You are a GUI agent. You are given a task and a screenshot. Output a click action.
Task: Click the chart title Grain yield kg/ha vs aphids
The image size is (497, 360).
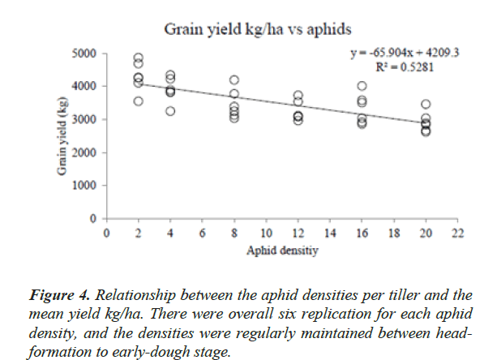258,30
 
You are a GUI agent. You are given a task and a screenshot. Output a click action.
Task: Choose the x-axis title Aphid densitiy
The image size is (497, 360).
281,251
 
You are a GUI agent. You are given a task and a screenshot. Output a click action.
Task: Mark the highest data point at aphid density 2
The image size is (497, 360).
139,58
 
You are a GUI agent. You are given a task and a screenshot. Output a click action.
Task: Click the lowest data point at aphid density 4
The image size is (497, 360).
170,111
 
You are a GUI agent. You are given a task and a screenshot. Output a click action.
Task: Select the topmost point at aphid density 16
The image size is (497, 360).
362,86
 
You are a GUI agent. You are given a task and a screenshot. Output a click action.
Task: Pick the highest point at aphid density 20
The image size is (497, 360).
426,104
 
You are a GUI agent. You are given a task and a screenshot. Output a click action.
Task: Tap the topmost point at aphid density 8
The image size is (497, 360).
234,79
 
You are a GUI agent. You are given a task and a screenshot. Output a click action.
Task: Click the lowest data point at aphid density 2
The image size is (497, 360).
139,101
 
